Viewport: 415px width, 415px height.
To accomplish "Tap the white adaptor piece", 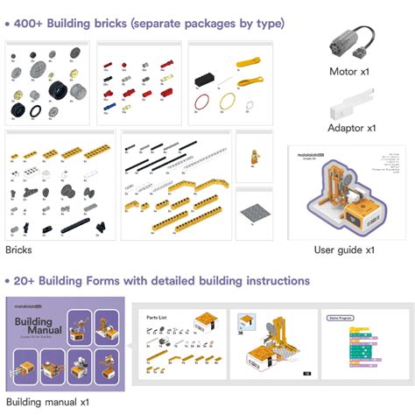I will (348, 107).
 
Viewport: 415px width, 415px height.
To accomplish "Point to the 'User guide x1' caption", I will (344, 250).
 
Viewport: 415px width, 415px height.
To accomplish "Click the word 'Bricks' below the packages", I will (18, 250).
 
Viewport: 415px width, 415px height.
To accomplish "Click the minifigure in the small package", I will (254, 158).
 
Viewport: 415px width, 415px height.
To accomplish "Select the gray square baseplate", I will (255, 211).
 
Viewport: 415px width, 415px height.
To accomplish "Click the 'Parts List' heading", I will (157, 316).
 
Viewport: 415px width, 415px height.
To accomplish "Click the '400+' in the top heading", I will (31, 23).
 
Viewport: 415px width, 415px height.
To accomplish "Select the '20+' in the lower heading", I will (27, 281).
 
